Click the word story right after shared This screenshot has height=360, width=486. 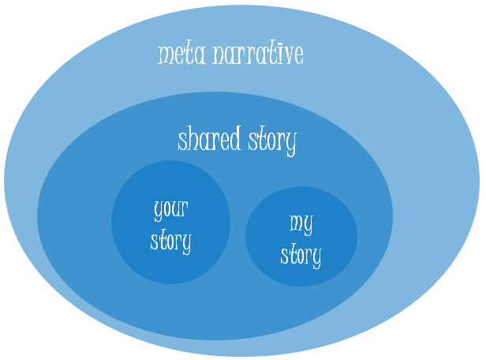273,142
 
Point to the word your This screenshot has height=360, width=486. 170,210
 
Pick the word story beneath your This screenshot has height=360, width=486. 170,241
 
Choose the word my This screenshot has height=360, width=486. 301,224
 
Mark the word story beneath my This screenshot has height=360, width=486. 301,255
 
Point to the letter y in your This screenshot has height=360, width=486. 158,212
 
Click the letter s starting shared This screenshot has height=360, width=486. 182,142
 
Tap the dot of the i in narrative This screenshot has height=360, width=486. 274,45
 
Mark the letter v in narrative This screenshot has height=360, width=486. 284,55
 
